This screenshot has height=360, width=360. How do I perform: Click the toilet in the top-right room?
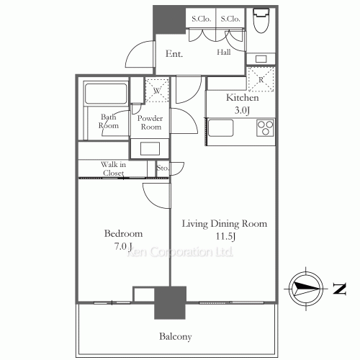261,20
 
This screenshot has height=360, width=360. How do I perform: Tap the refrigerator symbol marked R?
261,79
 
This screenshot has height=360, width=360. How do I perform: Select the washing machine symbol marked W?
157,91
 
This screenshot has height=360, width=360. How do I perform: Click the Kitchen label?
243,98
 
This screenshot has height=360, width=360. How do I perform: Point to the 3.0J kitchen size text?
243,110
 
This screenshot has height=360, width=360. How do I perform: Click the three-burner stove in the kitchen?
265,127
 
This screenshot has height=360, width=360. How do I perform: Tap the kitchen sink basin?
220,128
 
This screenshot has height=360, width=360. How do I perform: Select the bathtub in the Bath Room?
106,94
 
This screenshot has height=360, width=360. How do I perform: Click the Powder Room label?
150,122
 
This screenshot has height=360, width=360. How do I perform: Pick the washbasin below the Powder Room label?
150,148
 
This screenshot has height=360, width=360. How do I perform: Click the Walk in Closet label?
113,168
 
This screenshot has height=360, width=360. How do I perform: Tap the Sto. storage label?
163,168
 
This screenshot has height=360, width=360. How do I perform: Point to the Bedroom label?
123,233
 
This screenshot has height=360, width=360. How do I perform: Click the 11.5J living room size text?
225,236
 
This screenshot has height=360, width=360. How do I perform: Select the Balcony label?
176,336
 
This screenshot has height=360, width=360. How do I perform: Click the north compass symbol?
306,289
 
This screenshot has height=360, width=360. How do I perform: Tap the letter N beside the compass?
339,289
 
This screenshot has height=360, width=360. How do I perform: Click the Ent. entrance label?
174,53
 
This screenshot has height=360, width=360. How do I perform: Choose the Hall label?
224,52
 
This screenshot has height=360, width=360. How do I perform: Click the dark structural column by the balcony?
170,302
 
